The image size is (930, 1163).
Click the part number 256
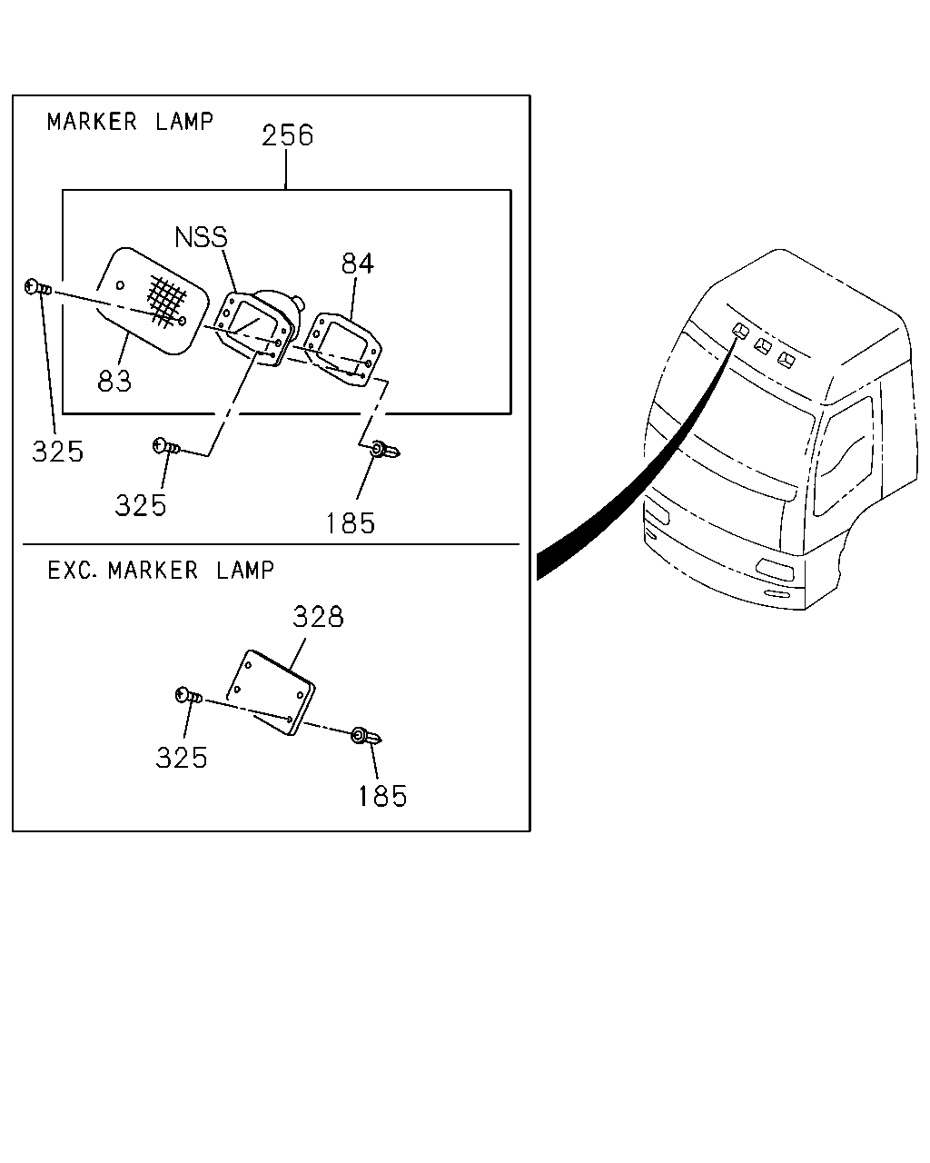(288, 135)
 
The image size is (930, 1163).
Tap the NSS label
(201, 237)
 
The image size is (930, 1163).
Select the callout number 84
(358, 263)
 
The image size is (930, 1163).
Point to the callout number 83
(114, 381)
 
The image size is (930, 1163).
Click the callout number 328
(318, 616)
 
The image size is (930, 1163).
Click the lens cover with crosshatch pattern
(152, 301)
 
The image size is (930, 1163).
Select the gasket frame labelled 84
(342, 349)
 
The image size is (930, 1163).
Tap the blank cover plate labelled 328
(271, 692)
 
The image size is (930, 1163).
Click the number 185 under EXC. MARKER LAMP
(382, 797)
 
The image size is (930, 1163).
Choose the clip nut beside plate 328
(366, 736)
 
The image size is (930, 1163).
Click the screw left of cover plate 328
(189, 696)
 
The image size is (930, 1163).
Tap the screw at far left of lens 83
(38, 287)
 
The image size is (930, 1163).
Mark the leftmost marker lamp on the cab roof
(740, 331)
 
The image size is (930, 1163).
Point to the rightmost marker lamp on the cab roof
(787, 360)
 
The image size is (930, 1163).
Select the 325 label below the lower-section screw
(182, 757)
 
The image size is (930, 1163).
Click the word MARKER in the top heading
(92, 122)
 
